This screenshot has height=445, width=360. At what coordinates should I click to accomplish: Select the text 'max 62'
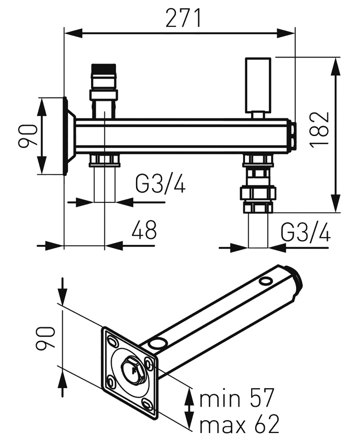(x=239, y=425)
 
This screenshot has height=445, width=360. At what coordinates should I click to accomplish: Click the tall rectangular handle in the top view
(x=258, y=84)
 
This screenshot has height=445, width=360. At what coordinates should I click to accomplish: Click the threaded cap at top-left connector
(x=104, y=71)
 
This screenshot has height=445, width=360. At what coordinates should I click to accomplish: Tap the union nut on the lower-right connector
(x=258, y=193)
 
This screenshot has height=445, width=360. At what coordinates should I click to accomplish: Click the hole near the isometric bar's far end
(x=266, y=281)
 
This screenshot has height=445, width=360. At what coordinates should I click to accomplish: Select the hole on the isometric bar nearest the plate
(x=156, y=343)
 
